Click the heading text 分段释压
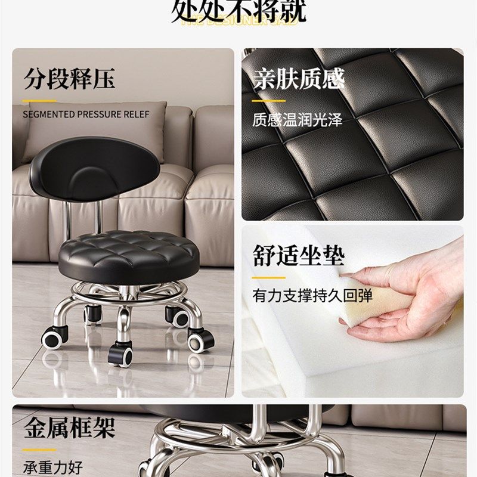69,79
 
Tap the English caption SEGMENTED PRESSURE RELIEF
86,114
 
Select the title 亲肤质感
298,79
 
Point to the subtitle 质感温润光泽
297,119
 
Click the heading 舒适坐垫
298,255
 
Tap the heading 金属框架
69,428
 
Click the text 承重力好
53,467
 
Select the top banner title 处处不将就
238,11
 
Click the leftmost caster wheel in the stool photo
54,337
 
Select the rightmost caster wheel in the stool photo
201,340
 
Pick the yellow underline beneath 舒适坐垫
268,277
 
